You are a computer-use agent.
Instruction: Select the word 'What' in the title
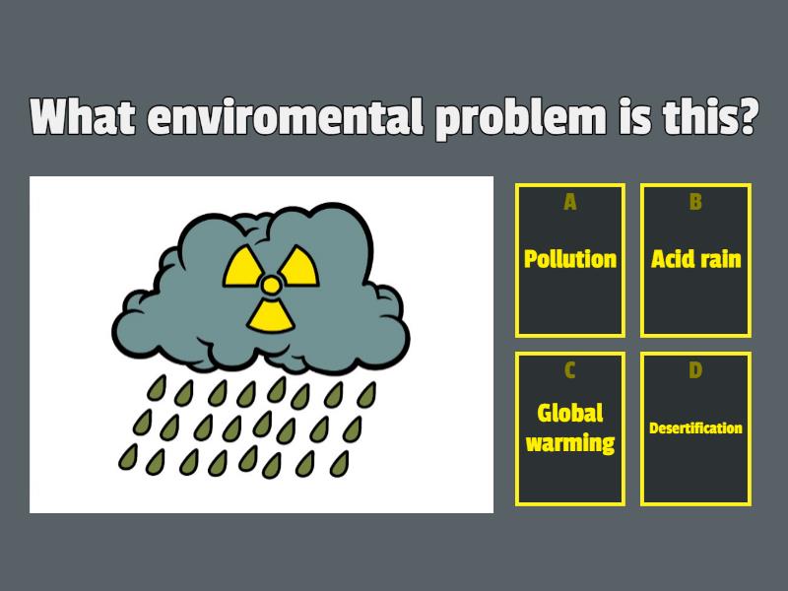click(x=84, y=119)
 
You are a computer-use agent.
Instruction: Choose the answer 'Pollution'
click(x=570, y=259)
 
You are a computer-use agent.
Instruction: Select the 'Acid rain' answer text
click(x=696, y=259)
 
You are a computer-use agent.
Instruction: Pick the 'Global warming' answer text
click(x=570, y=427)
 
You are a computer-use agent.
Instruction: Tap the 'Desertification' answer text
click(x=696, y=428)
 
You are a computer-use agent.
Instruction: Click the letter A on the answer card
click(x=570, y=203)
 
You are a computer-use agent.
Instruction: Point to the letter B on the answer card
click(x=696, y=203)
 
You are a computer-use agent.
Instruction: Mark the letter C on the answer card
click(x=570, y=370)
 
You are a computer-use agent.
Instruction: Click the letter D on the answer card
click(x=696, y=370)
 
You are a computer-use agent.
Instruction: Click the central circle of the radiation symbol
click(x=270, y=285)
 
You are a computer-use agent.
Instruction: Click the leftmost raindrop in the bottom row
click(x=129, y=456)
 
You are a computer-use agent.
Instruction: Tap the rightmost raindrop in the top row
click(x=366, y=395)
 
